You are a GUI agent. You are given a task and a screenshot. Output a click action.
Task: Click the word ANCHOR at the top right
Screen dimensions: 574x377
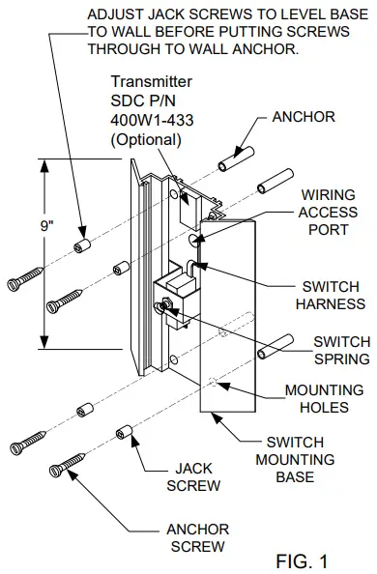click(303, 117)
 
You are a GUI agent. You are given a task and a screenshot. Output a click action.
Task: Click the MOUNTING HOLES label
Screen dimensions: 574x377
click(323, 400)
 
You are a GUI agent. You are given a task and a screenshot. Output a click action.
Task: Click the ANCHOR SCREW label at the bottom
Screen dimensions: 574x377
click(199, 537)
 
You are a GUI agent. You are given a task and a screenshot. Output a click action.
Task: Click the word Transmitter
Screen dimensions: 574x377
click(149, 84)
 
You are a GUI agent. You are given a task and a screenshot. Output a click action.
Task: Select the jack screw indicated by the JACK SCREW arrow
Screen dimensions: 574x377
click(124, 430)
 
